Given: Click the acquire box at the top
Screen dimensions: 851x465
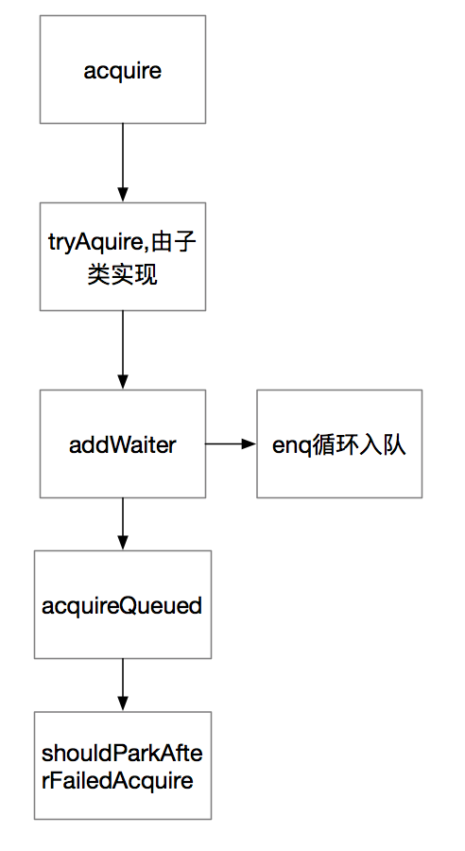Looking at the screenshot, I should pos(123,69).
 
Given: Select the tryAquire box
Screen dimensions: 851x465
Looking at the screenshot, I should pos(123,255).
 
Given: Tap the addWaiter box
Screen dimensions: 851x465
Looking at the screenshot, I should pos(123,443).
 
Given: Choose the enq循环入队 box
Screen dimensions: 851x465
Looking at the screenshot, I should pos(339,443).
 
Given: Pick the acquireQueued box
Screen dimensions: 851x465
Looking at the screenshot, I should pos(123,605).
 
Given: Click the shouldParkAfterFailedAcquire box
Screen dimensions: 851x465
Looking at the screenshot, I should pos(123,766).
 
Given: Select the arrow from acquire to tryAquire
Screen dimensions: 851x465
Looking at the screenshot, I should pos(123,161).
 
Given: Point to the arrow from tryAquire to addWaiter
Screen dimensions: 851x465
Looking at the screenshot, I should pos(123,349).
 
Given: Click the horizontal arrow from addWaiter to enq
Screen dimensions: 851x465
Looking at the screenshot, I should pos(230,443).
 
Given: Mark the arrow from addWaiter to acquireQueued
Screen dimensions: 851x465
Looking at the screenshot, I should pos(123,523).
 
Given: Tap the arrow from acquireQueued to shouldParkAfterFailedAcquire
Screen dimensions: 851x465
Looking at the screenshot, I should pos(123,685).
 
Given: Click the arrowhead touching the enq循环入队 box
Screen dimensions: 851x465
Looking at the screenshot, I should pos(250,443).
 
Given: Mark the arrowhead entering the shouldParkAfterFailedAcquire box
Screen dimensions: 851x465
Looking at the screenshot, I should pos(123,704).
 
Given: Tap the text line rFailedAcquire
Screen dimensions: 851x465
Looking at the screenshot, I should pos(117,781).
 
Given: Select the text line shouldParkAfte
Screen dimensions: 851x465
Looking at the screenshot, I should pos(123,754).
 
